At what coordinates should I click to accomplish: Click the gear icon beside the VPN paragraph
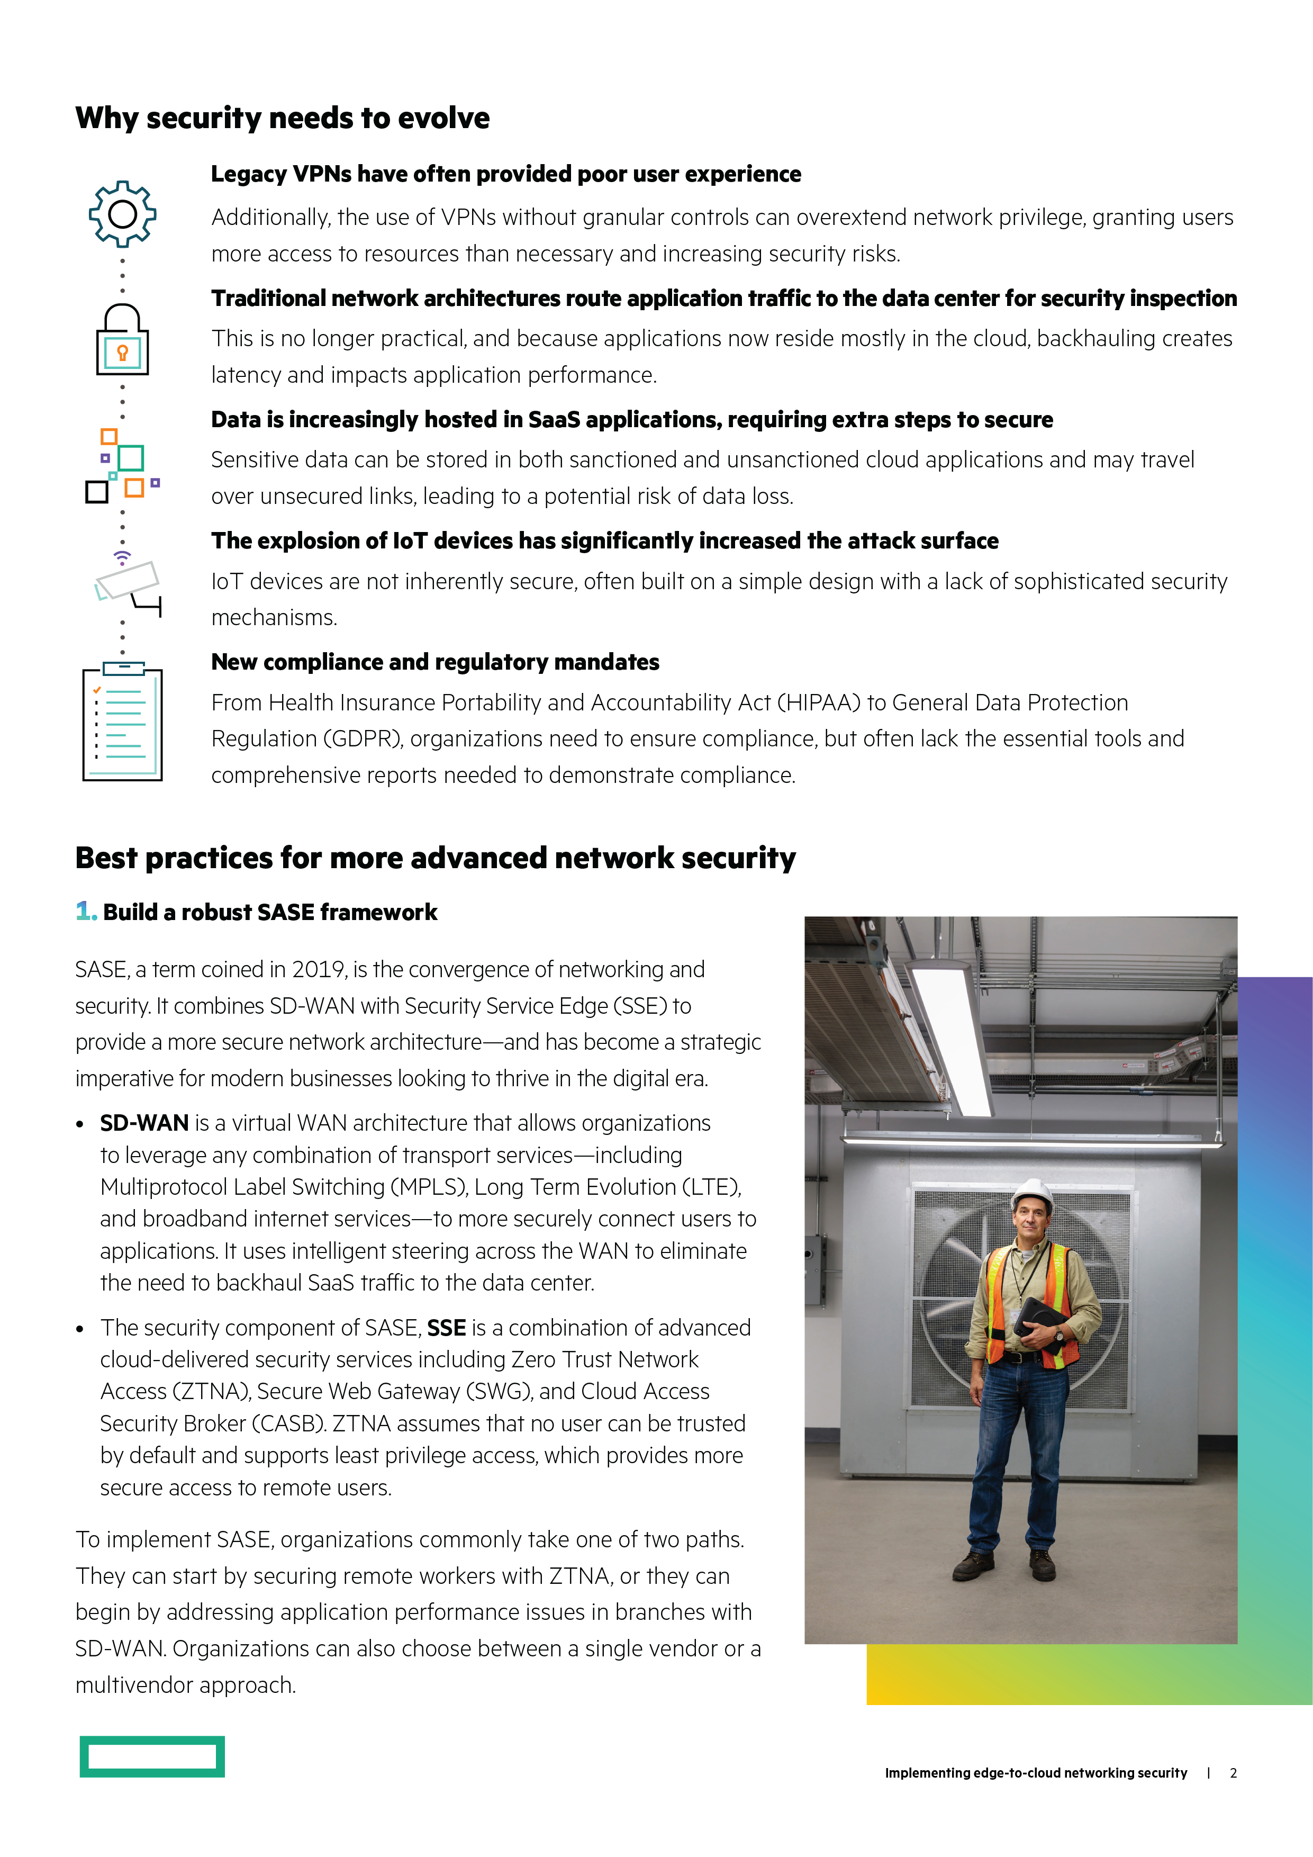122,213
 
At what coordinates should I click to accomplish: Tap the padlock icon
122,340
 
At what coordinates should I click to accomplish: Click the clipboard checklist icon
122,722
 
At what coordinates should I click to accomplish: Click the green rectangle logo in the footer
152,1756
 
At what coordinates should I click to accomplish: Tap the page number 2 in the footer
1233,1773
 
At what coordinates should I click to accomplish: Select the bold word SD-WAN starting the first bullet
144,1123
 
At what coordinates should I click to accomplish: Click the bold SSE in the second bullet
446,1328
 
